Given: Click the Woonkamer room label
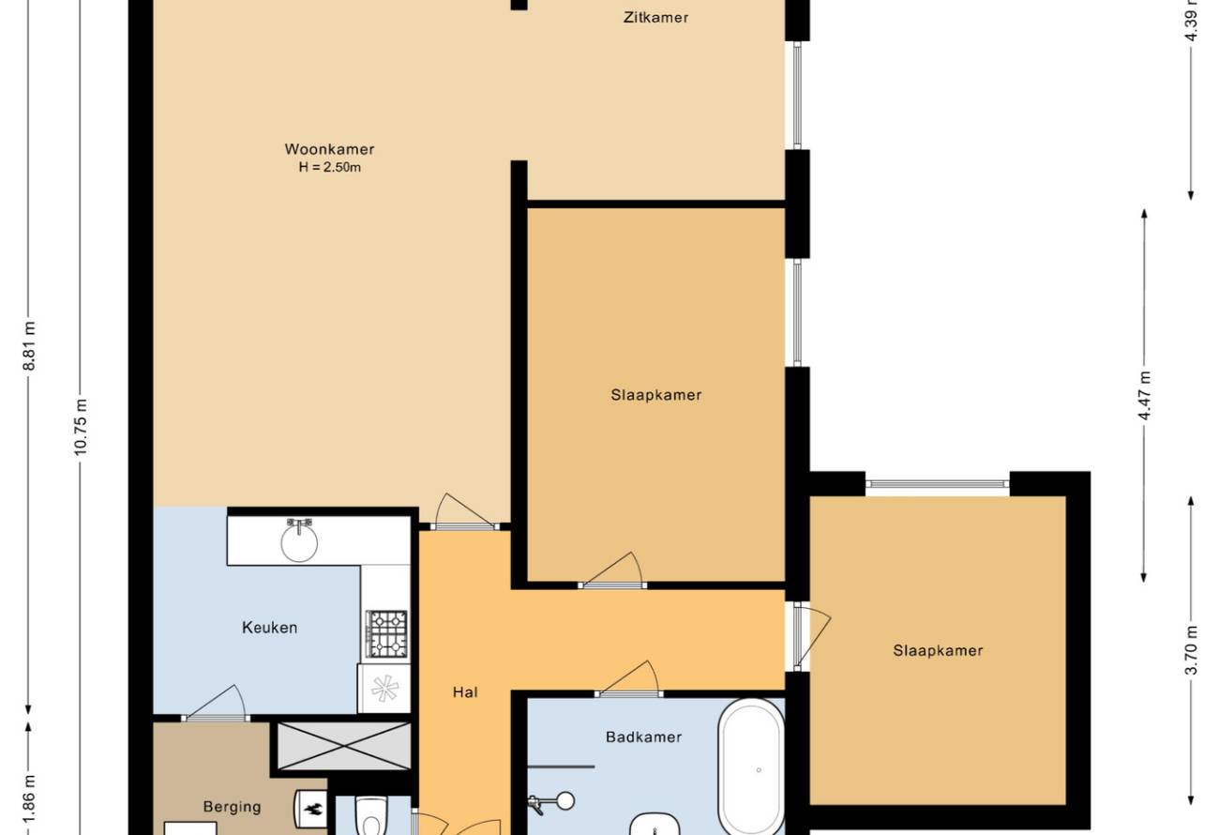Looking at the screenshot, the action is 329,148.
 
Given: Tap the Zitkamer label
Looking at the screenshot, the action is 655,18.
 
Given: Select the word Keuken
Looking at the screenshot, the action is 269,628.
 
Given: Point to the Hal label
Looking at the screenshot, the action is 465,691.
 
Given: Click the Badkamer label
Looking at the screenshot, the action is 644,737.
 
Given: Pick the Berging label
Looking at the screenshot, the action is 233,807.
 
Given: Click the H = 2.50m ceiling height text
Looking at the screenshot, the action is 330,167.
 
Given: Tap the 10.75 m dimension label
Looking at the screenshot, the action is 81,427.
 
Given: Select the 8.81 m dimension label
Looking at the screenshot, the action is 29,346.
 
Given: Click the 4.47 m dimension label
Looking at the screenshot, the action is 1144,395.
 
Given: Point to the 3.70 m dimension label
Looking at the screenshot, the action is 1191,650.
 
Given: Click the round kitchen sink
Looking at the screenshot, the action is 299,542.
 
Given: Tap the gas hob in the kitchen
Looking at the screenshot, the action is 386,633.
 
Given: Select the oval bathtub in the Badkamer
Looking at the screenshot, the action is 751,768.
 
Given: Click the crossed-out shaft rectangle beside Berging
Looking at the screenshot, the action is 344,746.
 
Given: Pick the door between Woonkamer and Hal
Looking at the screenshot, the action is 463,511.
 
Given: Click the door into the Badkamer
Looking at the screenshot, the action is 628,678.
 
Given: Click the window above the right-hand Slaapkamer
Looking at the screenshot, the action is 937,483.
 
